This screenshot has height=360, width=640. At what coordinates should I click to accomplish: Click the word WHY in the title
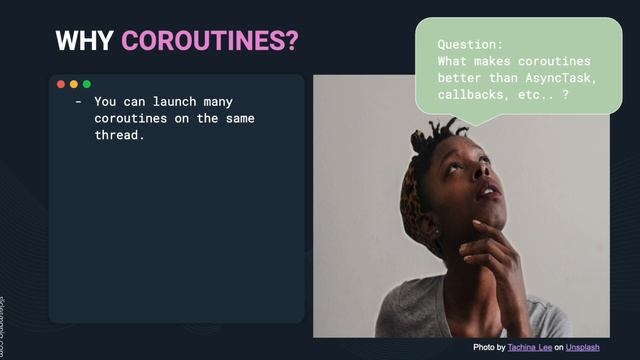click(84, 40)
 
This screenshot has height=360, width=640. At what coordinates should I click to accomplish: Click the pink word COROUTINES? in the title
click(210, 40)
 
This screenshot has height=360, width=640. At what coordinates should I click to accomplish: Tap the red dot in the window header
click(61, 85)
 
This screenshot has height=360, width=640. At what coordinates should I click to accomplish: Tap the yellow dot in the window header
click(74, 85)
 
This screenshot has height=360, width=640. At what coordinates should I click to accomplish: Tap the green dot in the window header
click(87, 85)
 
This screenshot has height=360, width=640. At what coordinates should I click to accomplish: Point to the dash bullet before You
click(78, 102)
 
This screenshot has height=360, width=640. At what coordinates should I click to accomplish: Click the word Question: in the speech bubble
click(471, 45)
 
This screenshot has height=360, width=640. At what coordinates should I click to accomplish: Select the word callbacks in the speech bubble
click(475, 93)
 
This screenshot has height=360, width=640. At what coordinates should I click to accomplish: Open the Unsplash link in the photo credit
click(582, 347)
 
